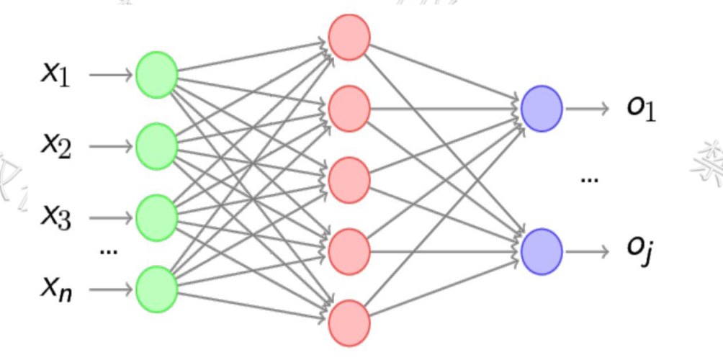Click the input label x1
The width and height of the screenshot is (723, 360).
point(55,73)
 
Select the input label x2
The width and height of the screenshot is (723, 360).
point(55,146)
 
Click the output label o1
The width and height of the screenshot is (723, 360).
point(641,110)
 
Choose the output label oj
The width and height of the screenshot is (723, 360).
point(639,252)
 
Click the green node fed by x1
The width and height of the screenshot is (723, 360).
point(156,74)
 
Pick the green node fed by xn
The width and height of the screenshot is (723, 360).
point(156,289)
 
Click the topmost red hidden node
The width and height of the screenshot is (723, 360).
point(349,37)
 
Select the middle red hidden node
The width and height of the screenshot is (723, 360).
point(349,180)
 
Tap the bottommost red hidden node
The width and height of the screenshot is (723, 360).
point(349,323)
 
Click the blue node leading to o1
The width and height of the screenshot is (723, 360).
point(542,109)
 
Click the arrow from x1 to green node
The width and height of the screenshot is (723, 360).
point(112,74)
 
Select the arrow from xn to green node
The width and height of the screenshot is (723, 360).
point(112,289)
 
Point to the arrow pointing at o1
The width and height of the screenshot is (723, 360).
point(588,109)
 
